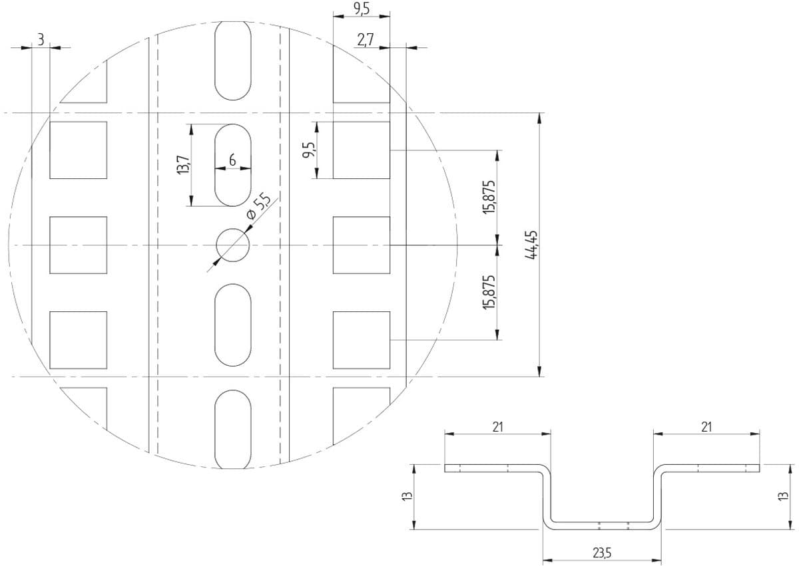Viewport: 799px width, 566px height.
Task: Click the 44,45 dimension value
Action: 531,245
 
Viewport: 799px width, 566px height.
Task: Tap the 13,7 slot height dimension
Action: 184,164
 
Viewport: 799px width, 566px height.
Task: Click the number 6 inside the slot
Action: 232,160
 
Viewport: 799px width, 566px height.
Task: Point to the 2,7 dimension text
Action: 366,40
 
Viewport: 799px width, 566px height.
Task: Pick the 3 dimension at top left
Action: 41,40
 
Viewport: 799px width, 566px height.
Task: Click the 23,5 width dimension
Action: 602,553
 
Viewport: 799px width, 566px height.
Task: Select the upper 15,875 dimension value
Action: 489,197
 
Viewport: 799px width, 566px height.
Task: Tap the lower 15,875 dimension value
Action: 489,292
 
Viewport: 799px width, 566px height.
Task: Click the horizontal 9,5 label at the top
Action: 362,9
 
